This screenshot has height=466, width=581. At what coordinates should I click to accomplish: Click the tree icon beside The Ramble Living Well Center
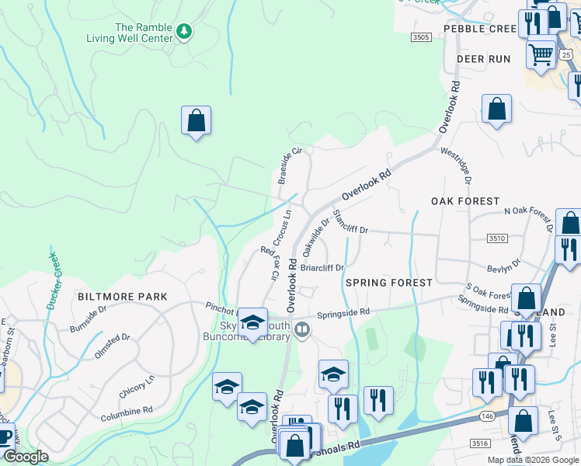click(184, 32)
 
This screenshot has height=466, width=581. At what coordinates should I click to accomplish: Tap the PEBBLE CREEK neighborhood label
click(479, 29)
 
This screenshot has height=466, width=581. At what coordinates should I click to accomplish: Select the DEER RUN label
click(483, 59)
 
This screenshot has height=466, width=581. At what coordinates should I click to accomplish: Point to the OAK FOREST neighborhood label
click(465, 201)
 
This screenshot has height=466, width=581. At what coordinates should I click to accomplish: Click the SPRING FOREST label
click(388, 283)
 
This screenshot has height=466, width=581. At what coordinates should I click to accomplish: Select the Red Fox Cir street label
click(269, 263)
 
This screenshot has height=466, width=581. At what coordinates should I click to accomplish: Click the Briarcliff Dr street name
click(322, 267)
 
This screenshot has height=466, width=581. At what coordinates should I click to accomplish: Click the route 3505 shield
click(421, 37)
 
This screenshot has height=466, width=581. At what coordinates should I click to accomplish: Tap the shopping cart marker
click(541, 53)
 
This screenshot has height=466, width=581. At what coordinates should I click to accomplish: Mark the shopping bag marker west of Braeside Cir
click(196, 120)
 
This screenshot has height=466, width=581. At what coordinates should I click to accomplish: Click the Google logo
click(26, 457)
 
